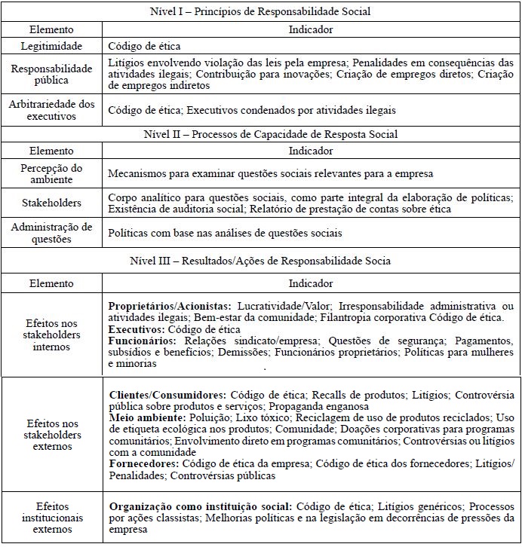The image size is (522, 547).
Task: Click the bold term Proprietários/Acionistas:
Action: (x=170, y=307)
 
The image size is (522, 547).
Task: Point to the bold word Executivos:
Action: (x=136, y=330)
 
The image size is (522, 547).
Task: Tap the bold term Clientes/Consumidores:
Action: (x=167, y=394)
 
